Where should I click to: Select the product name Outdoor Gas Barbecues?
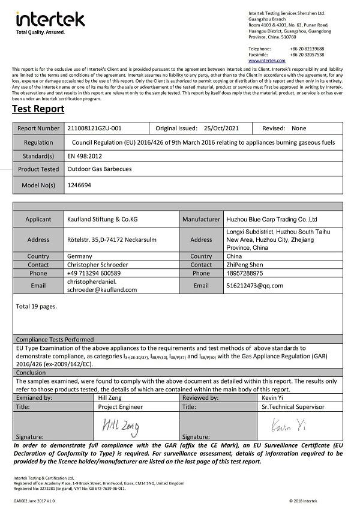[99, 169]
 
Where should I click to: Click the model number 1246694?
[80, 186]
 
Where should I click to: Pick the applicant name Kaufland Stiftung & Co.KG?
[103, 220]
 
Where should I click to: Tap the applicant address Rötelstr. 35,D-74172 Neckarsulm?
[112, 239]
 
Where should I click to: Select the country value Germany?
[80, 256]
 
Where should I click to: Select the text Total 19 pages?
[37, 307]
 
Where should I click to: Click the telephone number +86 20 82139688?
[308, 48]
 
